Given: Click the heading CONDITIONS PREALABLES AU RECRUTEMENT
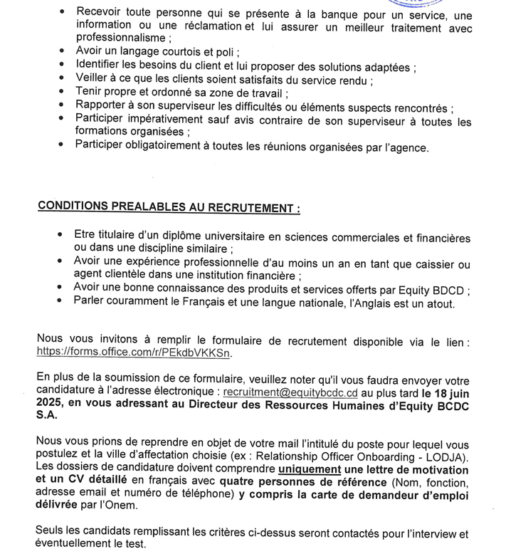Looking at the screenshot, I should click(168, 207).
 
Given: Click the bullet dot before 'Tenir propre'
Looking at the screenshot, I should click(63, 92).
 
